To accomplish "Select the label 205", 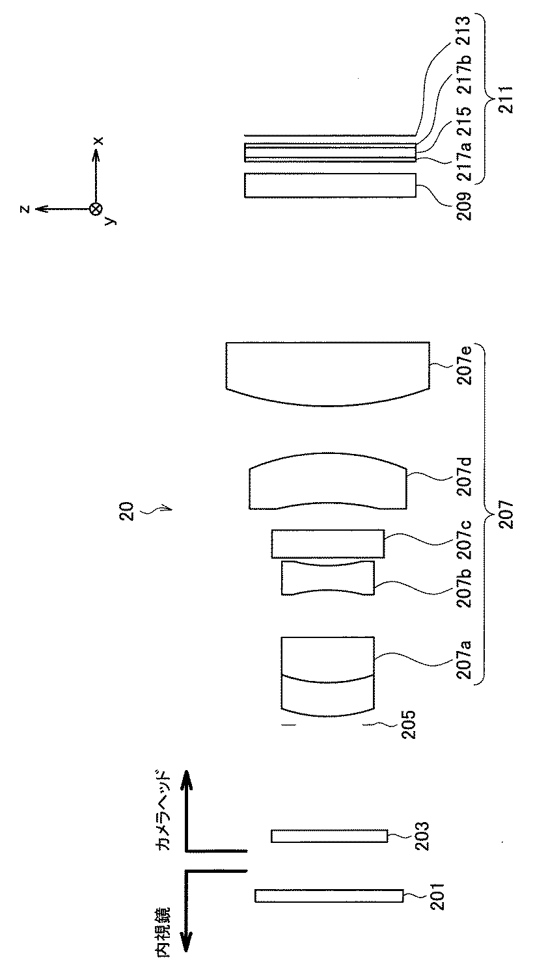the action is point(409,725).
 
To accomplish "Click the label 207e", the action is point(465,360).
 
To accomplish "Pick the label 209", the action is point(464,206).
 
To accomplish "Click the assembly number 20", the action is point(129,512).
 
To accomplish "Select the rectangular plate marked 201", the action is point(329,896).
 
